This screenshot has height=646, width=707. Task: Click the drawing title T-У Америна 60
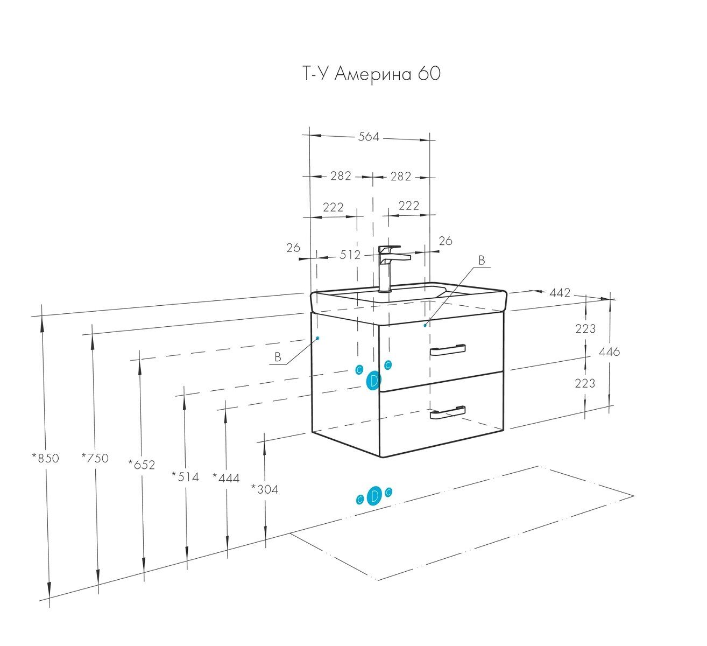point(371,74)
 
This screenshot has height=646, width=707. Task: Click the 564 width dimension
point(369,137)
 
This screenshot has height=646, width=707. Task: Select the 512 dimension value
point(350,255)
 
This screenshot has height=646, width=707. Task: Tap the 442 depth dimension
point(560,293)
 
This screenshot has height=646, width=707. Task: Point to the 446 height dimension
point(609,352)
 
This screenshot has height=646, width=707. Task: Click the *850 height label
point(45,458)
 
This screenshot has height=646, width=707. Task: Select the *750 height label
point(95,458)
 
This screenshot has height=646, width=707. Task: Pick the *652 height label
point(142,464)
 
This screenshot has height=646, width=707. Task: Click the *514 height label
point(185,476)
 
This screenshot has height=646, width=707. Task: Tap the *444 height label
point(226,478)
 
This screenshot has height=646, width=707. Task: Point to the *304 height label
point(265,489)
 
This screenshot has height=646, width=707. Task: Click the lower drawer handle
point(447,412)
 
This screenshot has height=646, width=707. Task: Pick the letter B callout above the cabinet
point(482,261)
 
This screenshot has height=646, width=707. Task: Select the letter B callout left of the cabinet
point(278,357)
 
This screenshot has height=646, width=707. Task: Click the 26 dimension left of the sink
point(293,248)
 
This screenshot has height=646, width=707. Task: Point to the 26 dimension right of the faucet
point(446,241)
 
